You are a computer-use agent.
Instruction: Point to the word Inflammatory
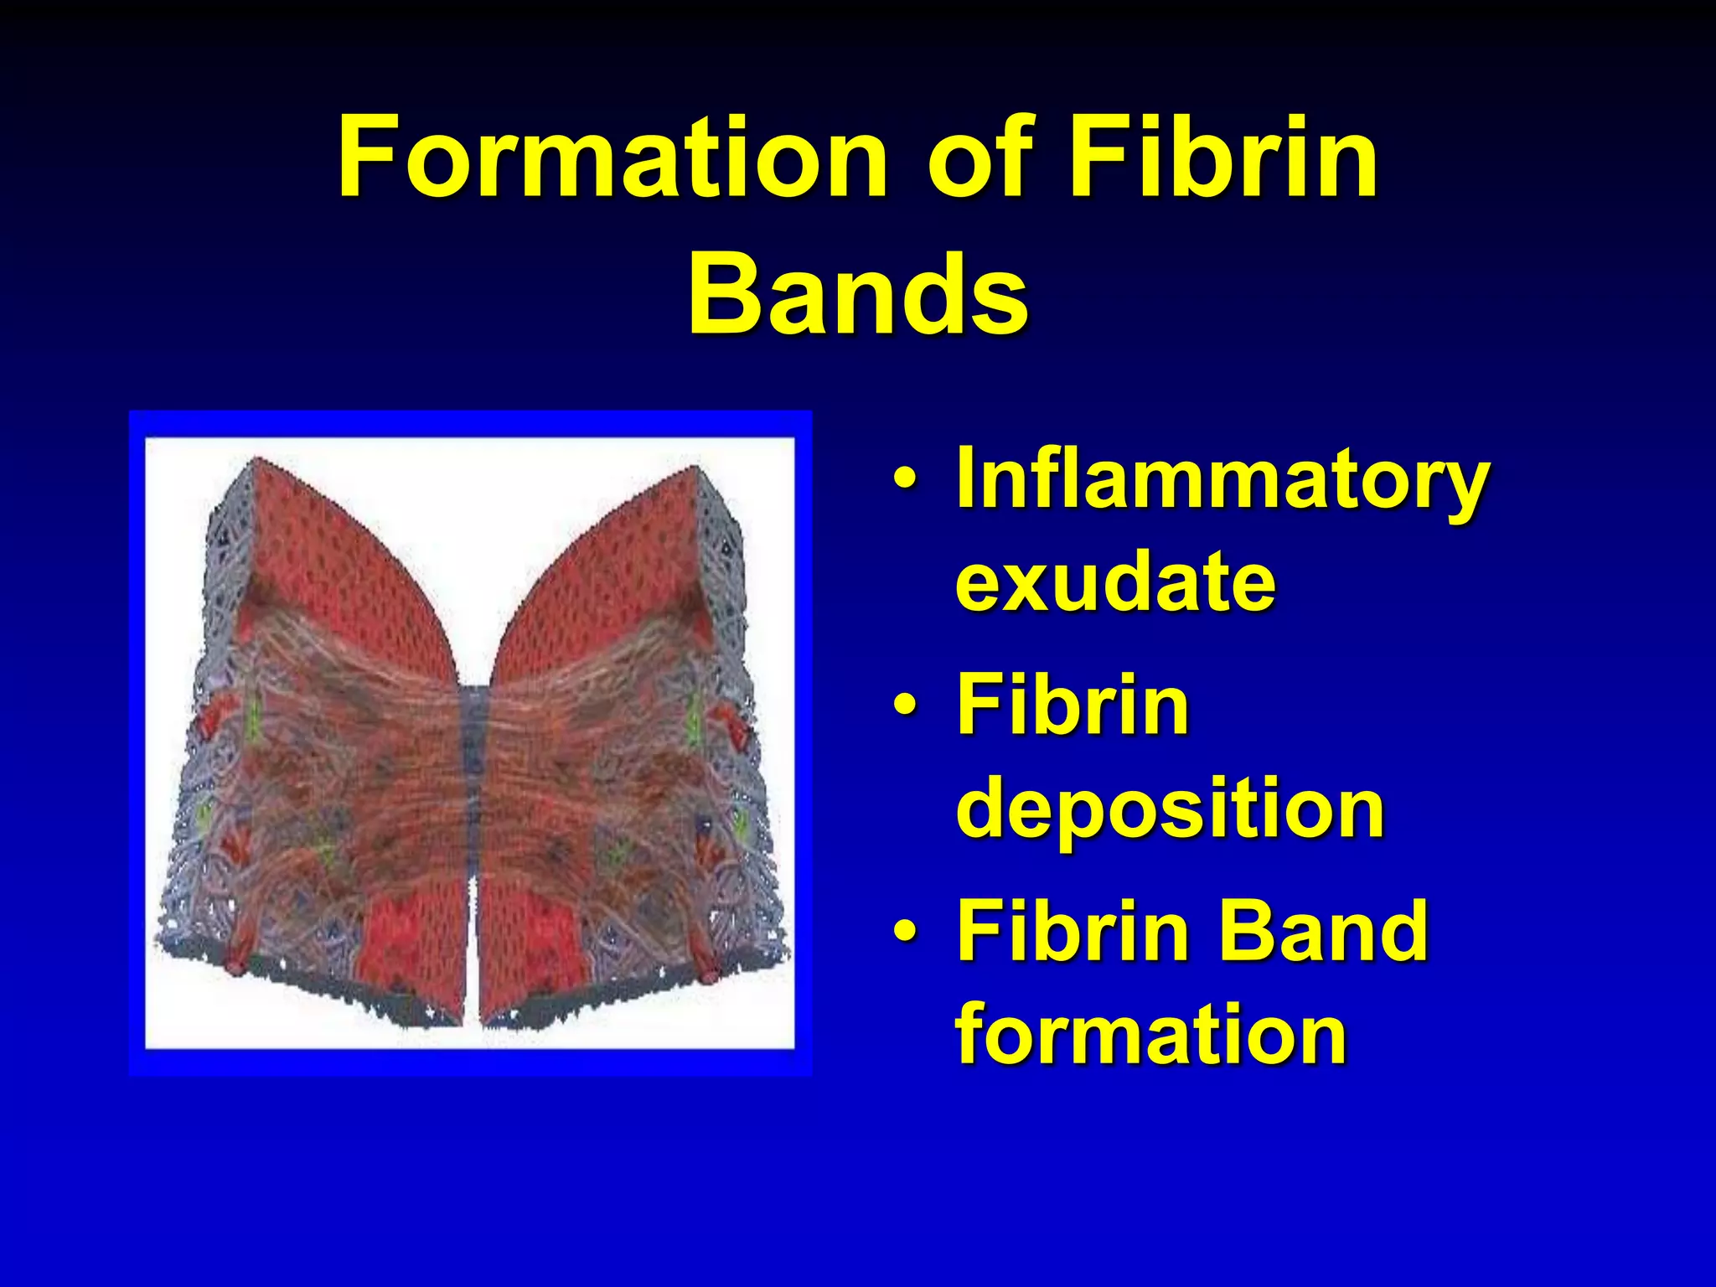click(1222, 482)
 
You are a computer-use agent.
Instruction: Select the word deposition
click(1170, 809)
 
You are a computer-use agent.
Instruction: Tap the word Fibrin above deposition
click(1072, 706)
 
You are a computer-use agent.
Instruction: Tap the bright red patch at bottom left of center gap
click(415, 938)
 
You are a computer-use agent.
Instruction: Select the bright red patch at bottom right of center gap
click(536, 938)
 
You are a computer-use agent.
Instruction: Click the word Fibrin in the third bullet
click(1072, 932)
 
